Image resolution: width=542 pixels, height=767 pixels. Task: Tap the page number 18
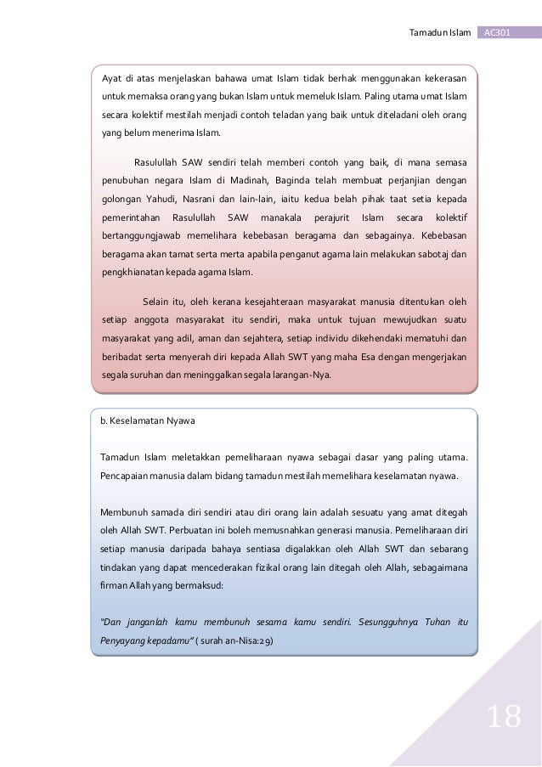[x=501, y=718]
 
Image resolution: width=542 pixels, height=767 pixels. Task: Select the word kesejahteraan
[x=279, y=300]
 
